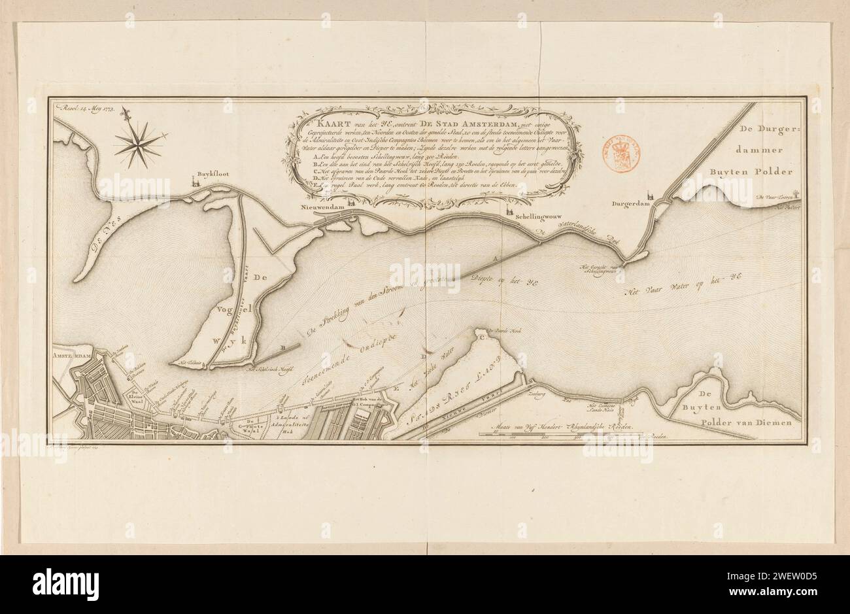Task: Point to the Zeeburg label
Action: (x=539, y=396)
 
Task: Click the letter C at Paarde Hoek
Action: (x=482, y=338)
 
